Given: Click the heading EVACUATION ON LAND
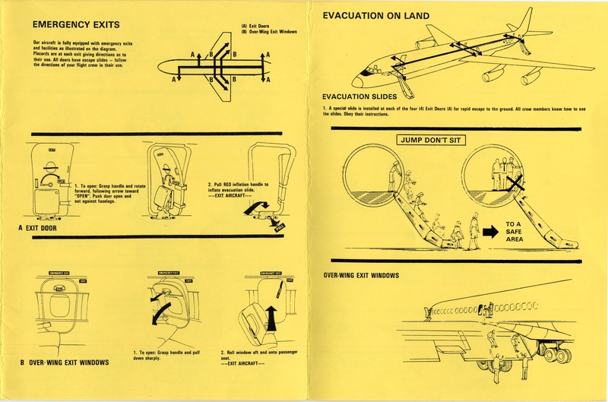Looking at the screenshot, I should coord(375,15).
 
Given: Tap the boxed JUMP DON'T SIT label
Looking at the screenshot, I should coord(429,141).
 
